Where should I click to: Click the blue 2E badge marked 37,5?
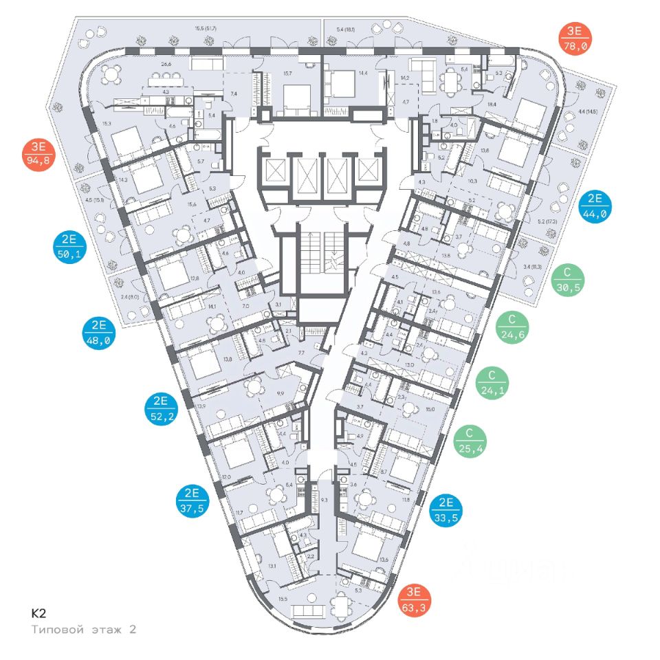[192, 501]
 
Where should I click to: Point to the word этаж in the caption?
[103, 629]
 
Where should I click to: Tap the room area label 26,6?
[166, 65]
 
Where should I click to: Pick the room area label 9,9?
[280, 393]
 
